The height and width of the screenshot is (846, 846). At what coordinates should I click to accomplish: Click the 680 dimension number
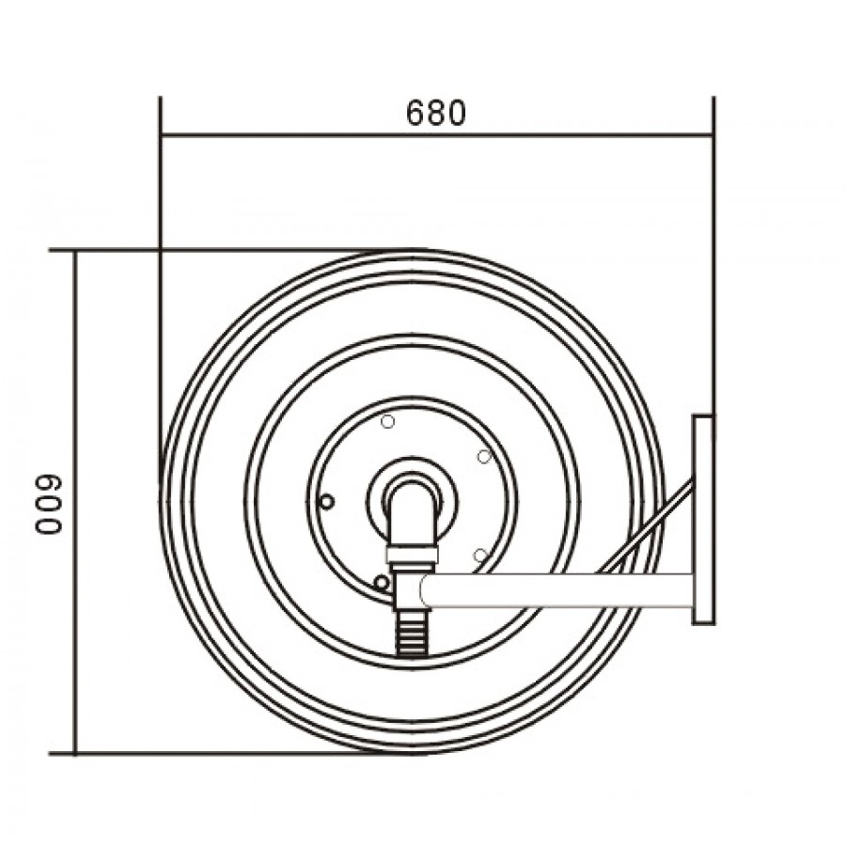435,114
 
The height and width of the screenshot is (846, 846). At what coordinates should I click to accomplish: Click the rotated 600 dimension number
49,505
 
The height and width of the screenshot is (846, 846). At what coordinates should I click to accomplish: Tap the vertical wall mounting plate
703,520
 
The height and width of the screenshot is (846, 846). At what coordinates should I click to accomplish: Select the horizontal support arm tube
556,590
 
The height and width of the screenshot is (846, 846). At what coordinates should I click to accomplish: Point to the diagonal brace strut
644,527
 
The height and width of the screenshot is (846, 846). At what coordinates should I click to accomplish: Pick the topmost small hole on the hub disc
387,421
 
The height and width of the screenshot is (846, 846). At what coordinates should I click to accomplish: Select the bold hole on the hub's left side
326,502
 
